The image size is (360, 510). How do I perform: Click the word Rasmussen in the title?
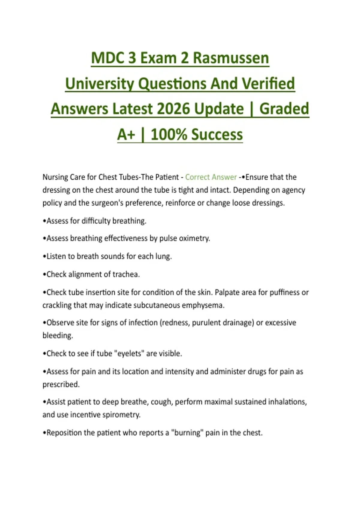tap(231, 58)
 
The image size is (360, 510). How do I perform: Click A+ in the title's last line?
tap(126, 134)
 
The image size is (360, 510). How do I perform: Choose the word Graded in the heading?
tap(284, 109)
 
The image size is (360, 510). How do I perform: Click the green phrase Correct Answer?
tap(211, 177)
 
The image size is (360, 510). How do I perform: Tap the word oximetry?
tap(194, 238)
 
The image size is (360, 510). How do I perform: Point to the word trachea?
tap(126, 274)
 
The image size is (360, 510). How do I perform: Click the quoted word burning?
tap(187, 433)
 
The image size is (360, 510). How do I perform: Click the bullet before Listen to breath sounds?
tap(44, 257)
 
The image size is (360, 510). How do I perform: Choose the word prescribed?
tap(61, 385)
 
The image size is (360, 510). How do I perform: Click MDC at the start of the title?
tap(108, 58)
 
